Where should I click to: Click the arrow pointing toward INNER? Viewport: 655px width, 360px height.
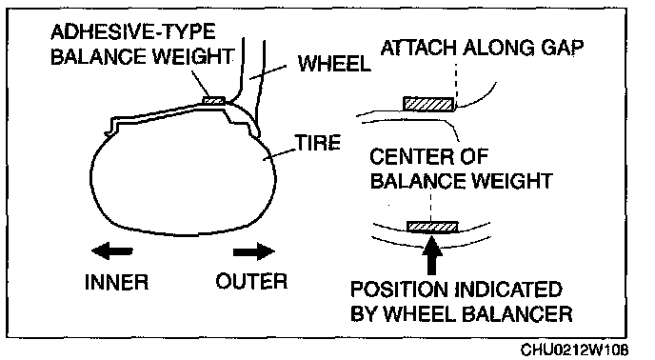(112, 251)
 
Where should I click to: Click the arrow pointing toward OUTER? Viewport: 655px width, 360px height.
(254, 251)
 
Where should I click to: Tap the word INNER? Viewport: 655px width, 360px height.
(116, 282)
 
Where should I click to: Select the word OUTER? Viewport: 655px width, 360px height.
(252, 281)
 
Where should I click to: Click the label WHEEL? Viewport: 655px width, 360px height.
(334, 64)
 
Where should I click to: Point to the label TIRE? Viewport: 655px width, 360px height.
(318, 143)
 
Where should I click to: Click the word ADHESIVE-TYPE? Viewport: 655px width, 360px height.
(133, 31)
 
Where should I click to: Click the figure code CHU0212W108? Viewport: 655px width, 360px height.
(574, 350)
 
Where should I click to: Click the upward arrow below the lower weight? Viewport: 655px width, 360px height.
(432, 255)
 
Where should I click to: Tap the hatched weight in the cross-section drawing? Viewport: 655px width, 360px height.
(213, 100)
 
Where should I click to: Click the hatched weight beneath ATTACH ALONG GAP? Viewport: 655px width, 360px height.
(428, 104)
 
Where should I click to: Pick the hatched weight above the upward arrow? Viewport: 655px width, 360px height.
(432, 227)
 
